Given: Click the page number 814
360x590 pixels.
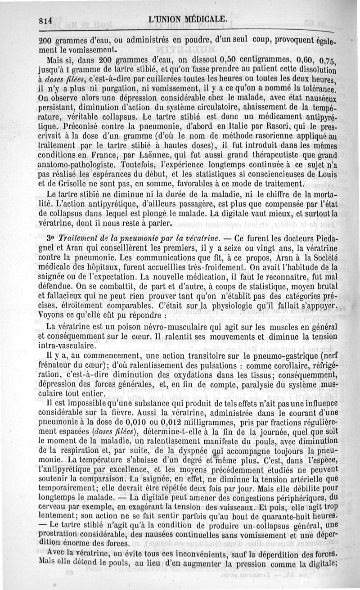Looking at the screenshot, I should point(46,20).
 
